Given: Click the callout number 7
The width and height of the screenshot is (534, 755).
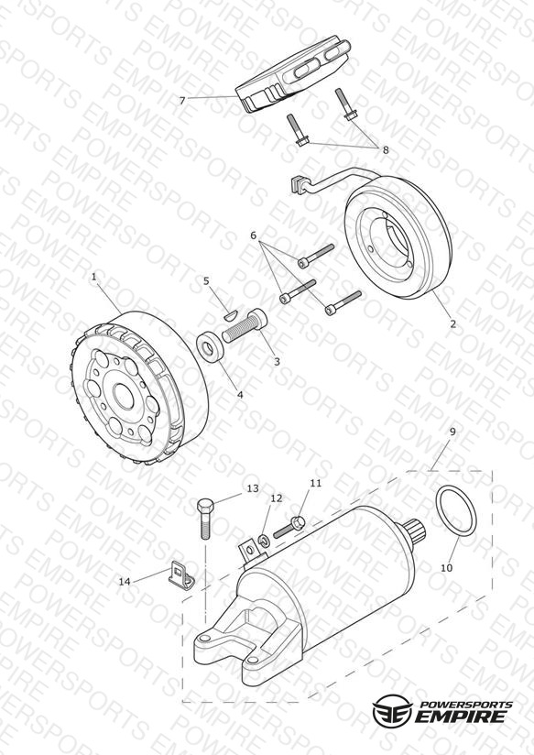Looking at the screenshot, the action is pyautogui.click(x=182, y=101).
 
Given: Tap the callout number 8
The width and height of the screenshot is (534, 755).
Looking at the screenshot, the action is pyautogui.click(x=386, y=150).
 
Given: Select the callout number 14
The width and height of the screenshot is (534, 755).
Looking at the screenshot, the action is pyautogui.click(x=125, y=582).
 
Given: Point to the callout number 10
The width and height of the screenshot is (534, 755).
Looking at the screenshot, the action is pyautogui.click(x=446, y=568).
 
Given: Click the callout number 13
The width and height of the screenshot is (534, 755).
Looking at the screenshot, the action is pyautogui.click(x=253, y=488).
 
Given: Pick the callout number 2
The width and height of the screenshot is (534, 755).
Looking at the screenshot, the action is pyautogui.click(x=452, y=324).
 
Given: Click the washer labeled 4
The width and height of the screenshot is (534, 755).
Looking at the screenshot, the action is pyautogui.click(x=211, y=345).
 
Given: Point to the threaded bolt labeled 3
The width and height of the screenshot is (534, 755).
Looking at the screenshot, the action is pyautogui.click(x=245, y=325).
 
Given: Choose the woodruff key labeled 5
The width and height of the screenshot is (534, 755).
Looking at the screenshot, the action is pyautogui.click(x=230, y=315).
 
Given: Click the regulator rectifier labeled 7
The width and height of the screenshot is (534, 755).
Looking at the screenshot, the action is pyautogui.click(x=292, y=73).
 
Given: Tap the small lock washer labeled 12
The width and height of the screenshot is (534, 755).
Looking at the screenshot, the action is pyautogui.click(x=264, y=540).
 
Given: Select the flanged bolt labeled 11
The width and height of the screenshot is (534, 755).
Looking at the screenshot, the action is pyautogui.click(x=289, y=527).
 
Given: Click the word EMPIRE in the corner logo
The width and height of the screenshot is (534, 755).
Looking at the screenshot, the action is pyautogui.click(x=462, y=716).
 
